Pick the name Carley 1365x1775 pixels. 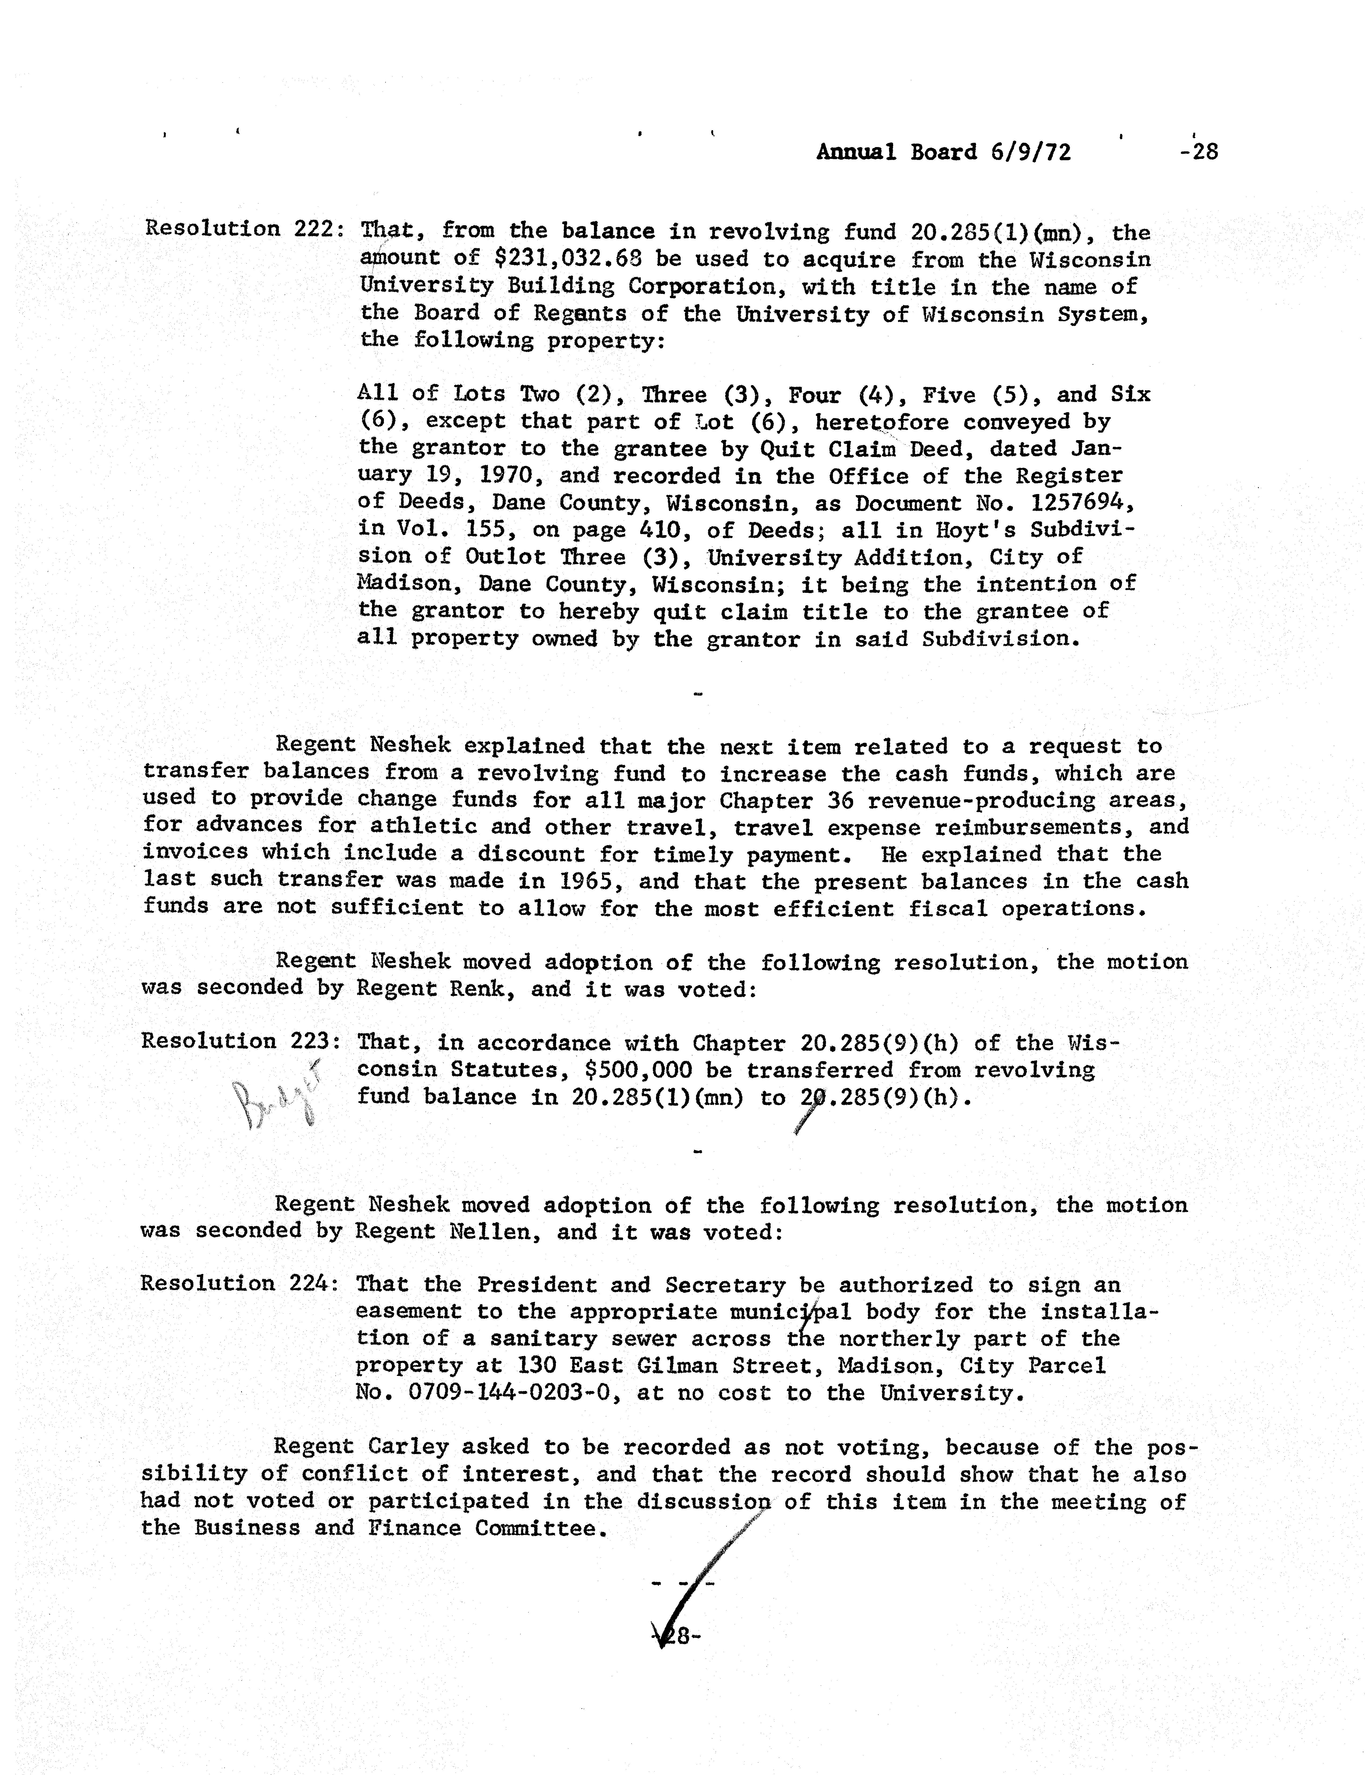pyautogui.click(x=408, y=1448)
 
